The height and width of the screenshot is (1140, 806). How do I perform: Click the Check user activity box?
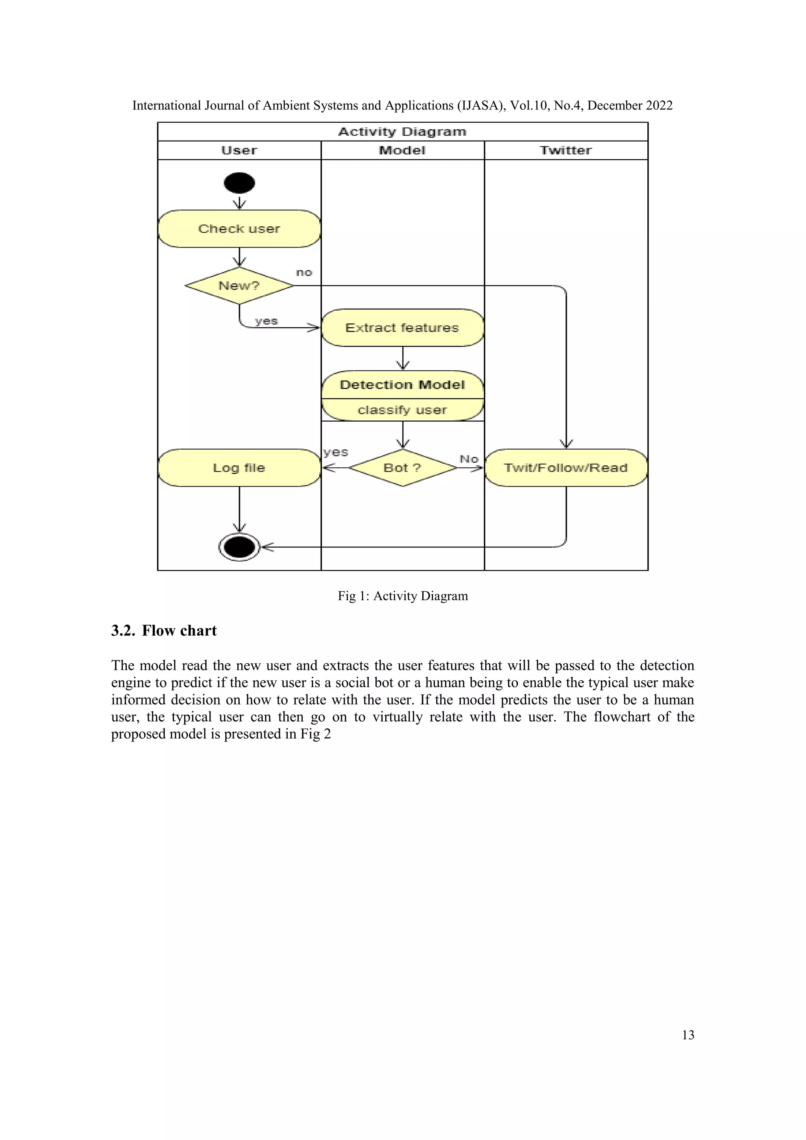[x=239, y=229]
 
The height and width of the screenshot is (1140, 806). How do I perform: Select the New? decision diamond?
[x=239, y=286]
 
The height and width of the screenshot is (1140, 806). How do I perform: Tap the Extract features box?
[x=403, y=328]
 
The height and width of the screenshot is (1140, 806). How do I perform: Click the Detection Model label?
[x=403, y=385]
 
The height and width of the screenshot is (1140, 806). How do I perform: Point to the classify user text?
[x=403, y=410]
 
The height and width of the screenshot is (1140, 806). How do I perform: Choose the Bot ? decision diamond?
[x=403, y=468]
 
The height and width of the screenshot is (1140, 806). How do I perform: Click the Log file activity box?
[x=239, y=468]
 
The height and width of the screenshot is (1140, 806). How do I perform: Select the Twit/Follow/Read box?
[x=566, y=468]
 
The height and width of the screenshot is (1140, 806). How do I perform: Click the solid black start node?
[x=239, y=183]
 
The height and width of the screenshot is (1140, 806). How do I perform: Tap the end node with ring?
[x=239, y=547]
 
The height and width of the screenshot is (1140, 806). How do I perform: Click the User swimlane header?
[x=239, y=150]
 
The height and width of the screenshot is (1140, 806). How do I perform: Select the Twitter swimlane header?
[x=566, y=150]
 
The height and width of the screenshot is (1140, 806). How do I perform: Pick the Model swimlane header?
[x=403, y=150]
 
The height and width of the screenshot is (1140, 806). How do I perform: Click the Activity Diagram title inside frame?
[x=403, y=131]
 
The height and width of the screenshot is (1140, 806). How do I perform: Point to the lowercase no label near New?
[x=304, y=272]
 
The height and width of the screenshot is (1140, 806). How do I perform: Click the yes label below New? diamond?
[x=266, y=321]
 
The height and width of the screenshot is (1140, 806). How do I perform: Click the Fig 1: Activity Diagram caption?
[x=403, y=596]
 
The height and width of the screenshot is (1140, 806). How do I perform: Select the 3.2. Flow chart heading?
[x=164, y=631]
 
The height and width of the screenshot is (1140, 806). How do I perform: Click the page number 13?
[x=688, y=1035]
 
